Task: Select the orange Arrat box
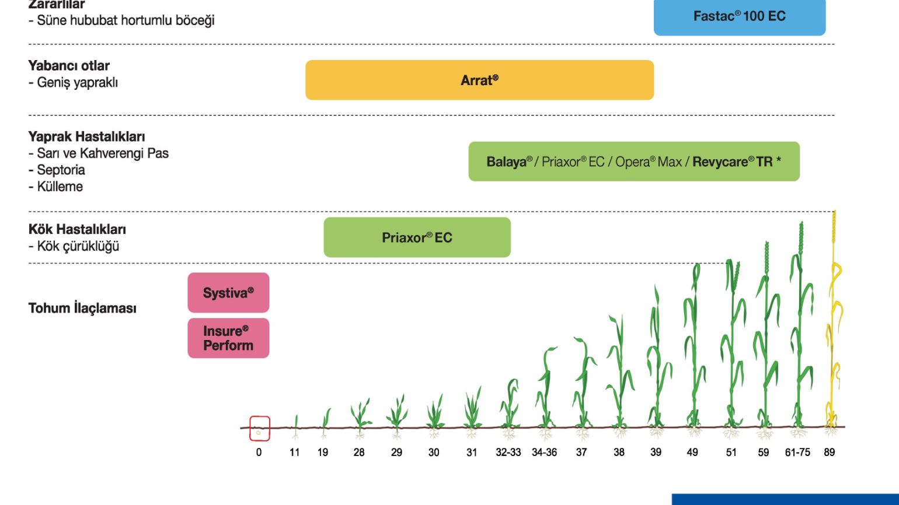[x=480, y=80]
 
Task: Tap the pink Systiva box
[x=228, y=293]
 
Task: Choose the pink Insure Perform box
[x=228, y=338]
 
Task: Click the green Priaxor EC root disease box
[x=417, y=237]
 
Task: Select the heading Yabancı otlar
[x=69, y=66]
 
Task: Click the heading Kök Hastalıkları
[x=77, y=229]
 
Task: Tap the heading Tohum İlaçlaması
[x=82, y=308]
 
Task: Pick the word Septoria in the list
[x=61, y=170]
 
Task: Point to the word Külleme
[x=60, y=187]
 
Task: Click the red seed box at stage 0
[x=260, y=429]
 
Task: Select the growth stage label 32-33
[x=508, y=452]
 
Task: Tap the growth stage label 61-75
[x=797, y=452]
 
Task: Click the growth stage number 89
[x=829, y=452]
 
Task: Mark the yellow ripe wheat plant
[x=833, y=321]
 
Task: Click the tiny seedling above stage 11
[x=295, y=426]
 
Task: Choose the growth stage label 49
[x=692, y=452]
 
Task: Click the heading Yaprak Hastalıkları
[x=86, y=136]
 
